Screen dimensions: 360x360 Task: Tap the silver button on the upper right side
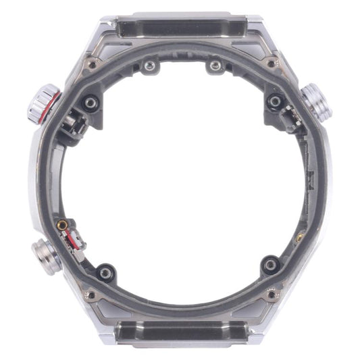pos(314,101)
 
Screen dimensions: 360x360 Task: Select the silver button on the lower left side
pos(46,255)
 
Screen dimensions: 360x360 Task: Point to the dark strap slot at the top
pos(181,26)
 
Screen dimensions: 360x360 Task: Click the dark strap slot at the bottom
pos(181,332)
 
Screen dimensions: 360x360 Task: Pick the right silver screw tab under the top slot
pos(215,66)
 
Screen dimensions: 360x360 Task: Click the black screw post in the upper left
pos(89,101)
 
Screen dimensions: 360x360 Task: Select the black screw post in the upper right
pos(274,101)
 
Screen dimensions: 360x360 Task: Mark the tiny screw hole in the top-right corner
pos(272,63)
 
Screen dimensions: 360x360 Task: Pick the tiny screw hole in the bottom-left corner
pos(89,294)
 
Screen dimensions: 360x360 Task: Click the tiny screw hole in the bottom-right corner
pos(272,294)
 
